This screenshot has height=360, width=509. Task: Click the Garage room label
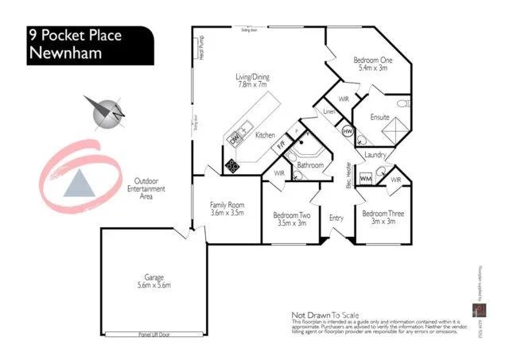pyautogui.click(x=153, y=281)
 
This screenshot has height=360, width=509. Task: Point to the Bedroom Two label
pyautogui.click(x=291, y=219)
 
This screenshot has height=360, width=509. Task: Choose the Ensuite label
pyautogui.click(x=379, y=118)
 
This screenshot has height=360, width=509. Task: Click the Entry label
pyautogui.click(x=336, y=218)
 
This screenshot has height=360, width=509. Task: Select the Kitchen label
pyautogui.click(x=265, y=135)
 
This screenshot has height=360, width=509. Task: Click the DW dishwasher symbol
pyautogui.click(x=235, y=137)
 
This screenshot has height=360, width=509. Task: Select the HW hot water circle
pyautogui.click(x=347, y=131)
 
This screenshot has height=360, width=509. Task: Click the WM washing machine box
pyautogui.click(x=366, y=179)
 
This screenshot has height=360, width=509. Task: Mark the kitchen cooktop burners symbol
pyautogui.click(x=234, y=165)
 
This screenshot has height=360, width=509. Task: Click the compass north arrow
pyautogui.click(x=106, y=111)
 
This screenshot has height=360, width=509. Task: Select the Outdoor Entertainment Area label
pyautogui.click(x=146, y=188)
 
